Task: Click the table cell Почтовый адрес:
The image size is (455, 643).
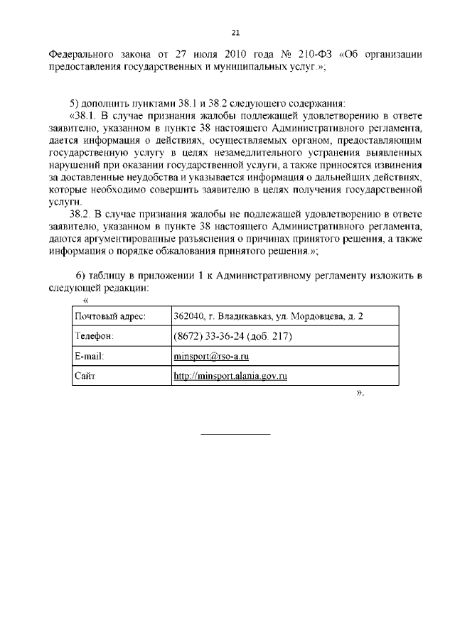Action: click(110, 316)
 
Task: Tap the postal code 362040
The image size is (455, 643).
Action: click(188, 316)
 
